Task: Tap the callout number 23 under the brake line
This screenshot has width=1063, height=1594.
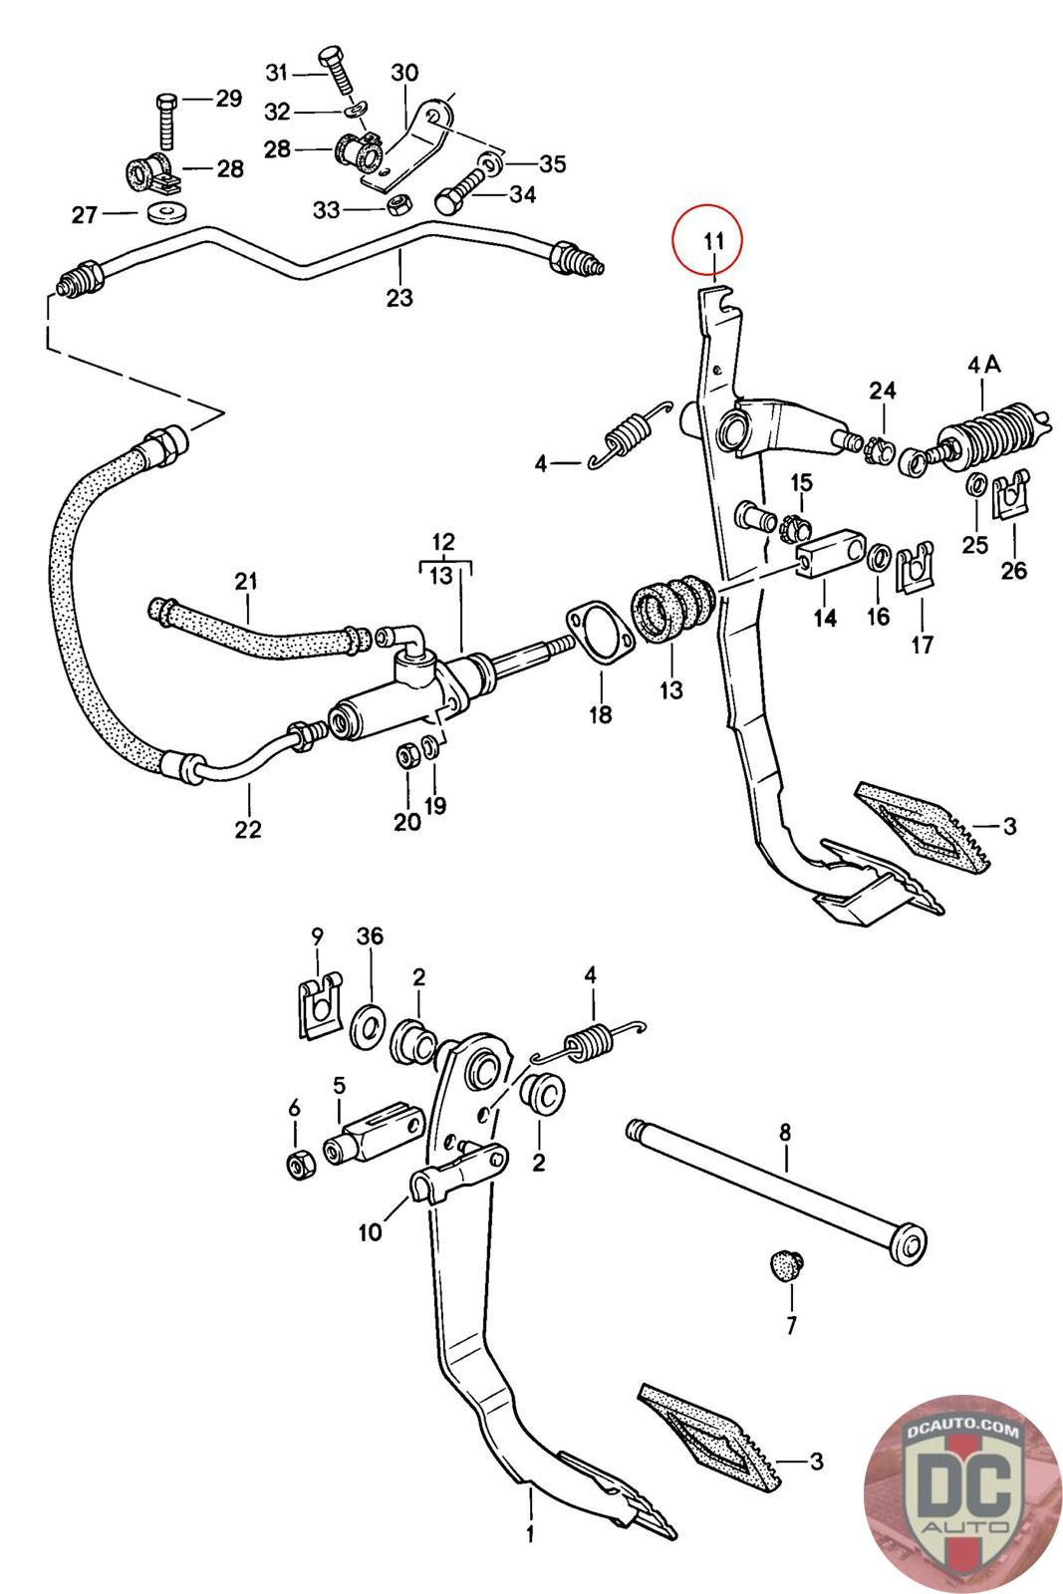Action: pos(399,297)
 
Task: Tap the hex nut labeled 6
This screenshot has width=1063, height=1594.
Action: pos(297,1162)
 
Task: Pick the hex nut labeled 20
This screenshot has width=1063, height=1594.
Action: pos(406,754)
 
